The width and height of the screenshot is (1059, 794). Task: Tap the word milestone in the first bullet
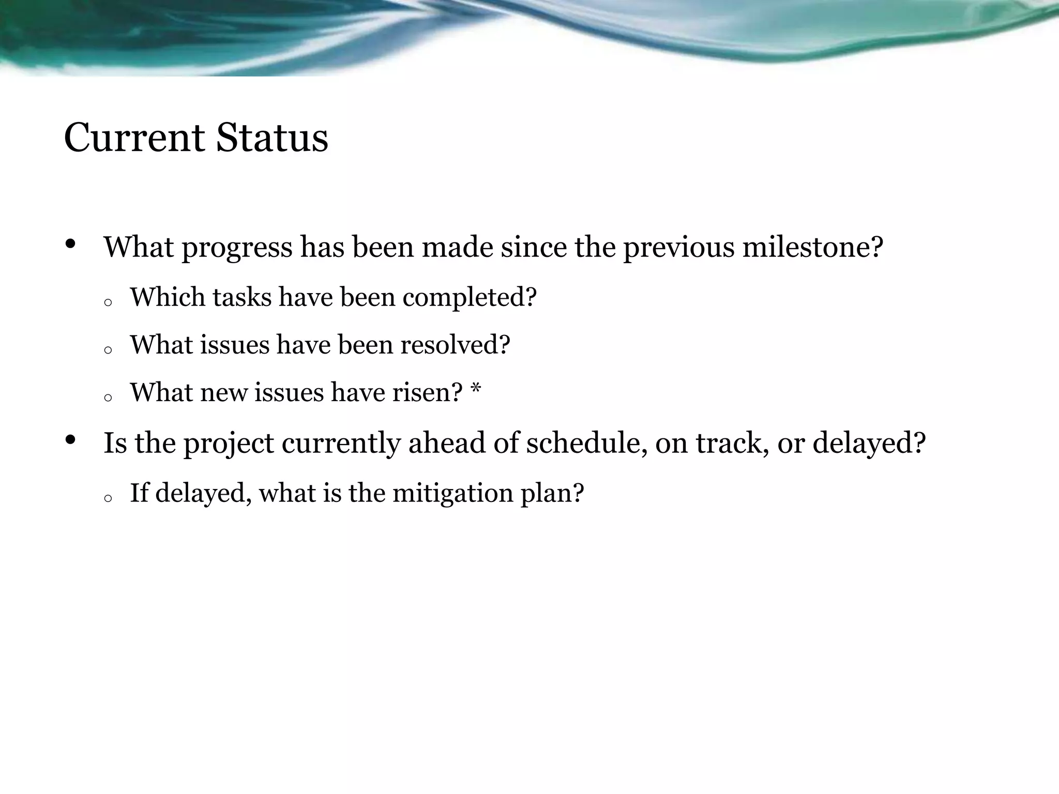coord(812,247)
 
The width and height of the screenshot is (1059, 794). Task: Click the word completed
coord(470,298)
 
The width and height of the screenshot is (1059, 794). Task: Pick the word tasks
coord(242,297)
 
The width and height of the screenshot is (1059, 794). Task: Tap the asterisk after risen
coord(476,390)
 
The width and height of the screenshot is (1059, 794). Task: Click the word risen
coord(427,392)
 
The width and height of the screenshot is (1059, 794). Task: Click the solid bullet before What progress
coord(71,244)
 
